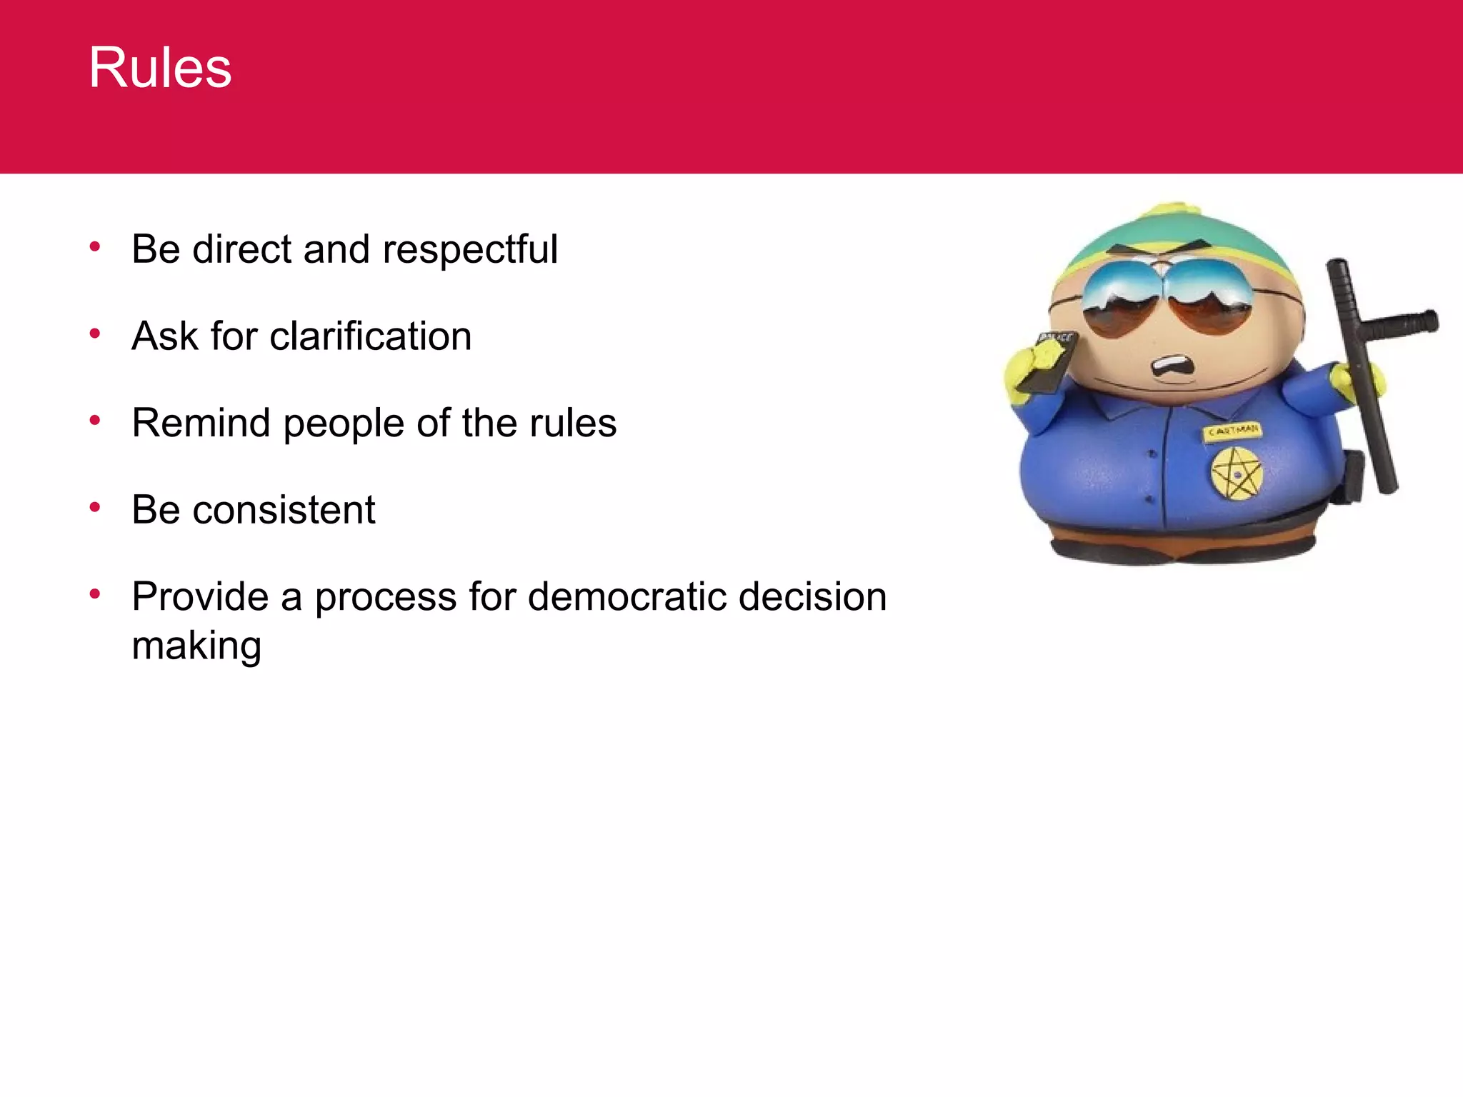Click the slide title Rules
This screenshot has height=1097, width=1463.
click(160, 68)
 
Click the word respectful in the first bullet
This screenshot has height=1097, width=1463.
click(469, 250)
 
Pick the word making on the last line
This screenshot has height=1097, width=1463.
click(196, 646)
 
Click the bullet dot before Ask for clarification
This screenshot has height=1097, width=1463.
click(95, 334)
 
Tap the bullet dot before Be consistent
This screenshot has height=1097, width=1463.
click(95, 507)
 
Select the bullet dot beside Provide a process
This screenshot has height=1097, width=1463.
click(95, 593)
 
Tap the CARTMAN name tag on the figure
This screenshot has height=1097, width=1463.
click(1234, 431)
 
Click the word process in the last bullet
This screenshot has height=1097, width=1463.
click(385, 598)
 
